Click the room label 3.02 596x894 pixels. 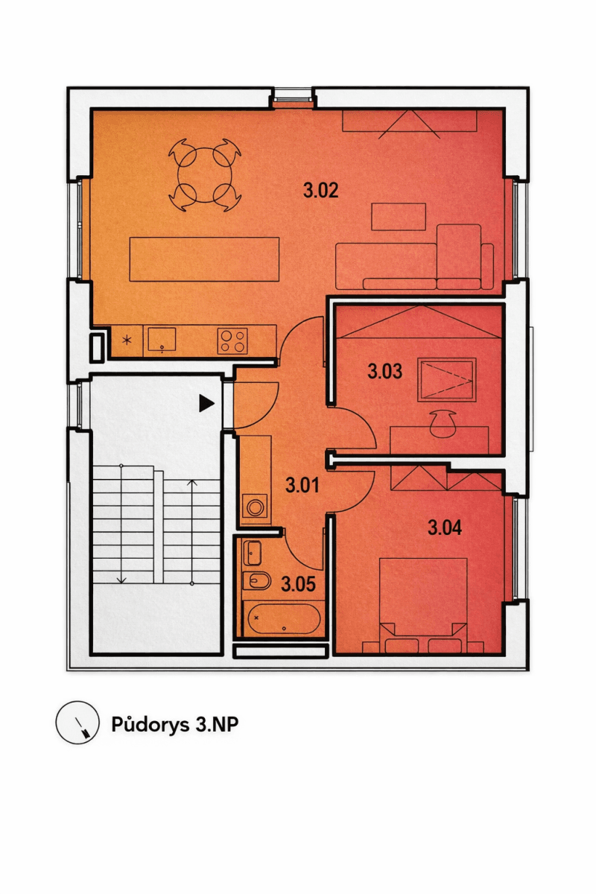coord(321,191)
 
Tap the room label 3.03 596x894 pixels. coord(385,371)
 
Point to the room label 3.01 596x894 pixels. coord(302,486)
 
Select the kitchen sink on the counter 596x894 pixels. coord(162,340)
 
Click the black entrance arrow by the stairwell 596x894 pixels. coord(206,404)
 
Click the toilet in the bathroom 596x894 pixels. coord(257,581)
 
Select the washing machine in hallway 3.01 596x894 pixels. coord(256,508)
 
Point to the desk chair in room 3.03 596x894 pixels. coord(445,421)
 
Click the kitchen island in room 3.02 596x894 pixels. coord(204,259)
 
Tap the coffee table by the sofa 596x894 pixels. coord(399,217)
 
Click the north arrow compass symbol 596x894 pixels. coord(77,723)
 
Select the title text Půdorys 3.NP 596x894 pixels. coord(175,724)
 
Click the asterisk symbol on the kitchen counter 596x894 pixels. coord(127,340)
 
